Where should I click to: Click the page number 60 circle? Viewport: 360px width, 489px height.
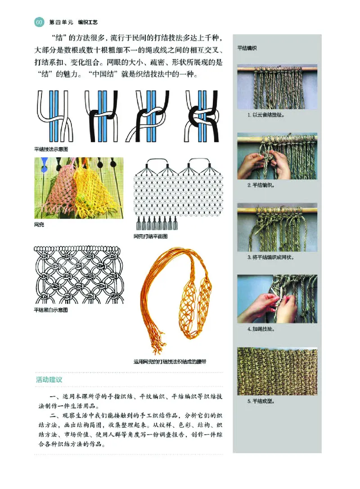(39, 22)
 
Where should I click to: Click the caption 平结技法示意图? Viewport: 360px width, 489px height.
(53, 149)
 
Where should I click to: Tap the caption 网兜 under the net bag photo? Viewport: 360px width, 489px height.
(39, 223)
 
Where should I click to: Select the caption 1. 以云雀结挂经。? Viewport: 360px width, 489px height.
(266, 114)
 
